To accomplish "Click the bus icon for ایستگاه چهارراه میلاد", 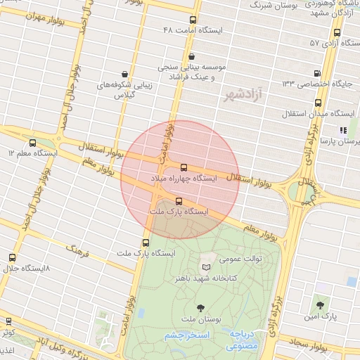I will tap(184, 167).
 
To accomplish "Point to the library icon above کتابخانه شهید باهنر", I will tap(205, 267).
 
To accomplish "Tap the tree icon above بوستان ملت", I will tap(201, 307).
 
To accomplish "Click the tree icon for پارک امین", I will tap(321, 306).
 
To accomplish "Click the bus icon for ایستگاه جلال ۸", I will tap(12, 259).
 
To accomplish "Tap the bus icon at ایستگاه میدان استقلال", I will tap(319, 103).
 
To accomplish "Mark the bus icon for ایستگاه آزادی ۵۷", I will tap(337, 32).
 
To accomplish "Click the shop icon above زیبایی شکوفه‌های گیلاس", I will tap(124, 74).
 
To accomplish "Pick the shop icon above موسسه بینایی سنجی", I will tap(192, 56).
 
